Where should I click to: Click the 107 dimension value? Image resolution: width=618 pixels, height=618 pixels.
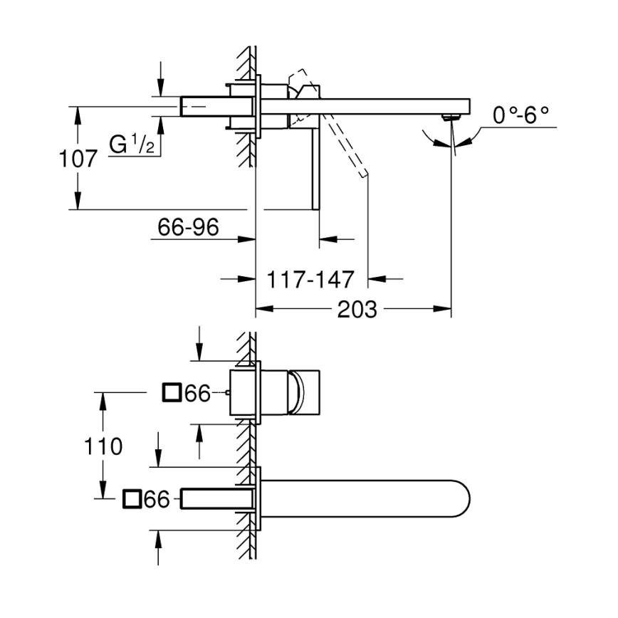[78, 158]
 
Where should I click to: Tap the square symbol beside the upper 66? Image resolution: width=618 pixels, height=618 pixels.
[172, 393]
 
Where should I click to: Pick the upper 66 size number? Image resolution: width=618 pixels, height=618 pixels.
[197, 393]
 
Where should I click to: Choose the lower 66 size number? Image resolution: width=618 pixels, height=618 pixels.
[157, 500]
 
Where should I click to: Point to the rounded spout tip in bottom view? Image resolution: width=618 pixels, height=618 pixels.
[456, 498]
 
